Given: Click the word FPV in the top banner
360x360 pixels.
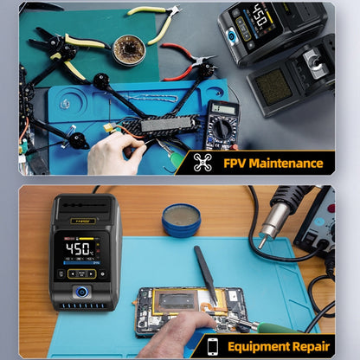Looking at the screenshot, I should (235, 163).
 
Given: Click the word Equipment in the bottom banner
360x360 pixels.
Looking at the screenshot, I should (259, 346).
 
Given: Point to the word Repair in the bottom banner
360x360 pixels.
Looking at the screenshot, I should (311, 346).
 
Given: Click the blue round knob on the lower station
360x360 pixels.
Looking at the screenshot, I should (84, 292).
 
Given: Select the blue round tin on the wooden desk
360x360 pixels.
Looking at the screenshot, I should (181, 219).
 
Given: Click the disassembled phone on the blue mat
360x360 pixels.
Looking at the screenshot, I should (186, 304).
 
